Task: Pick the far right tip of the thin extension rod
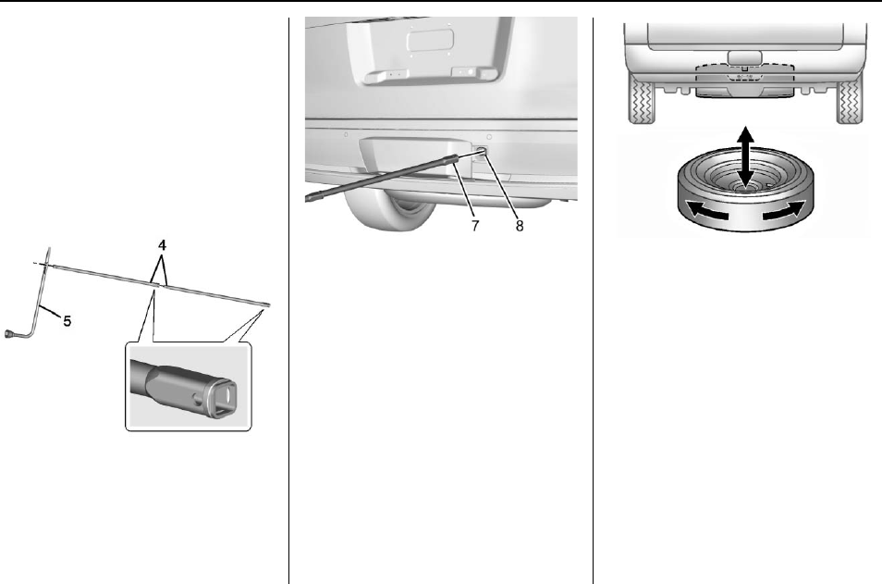tap(267, 303)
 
